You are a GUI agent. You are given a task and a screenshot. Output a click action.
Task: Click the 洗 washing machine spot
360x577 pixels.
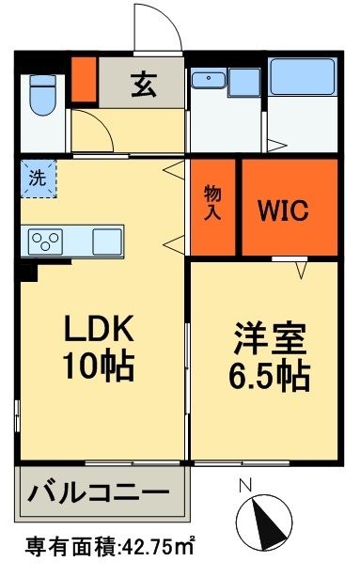pyautogui.click(x=38, y=179)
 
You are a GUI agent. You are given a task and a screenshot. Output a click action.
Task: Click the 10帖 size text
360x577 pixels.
pyautogui.click(x=99, y=365)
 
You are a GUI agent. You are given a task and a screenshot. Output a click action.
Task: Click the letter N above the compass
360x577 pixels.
pyautogui.click(x=244, y=486)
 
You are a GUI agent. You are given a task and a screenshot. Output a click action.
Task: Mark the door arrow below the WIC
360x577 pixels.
pyautogui.click(x=301, y=271)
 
